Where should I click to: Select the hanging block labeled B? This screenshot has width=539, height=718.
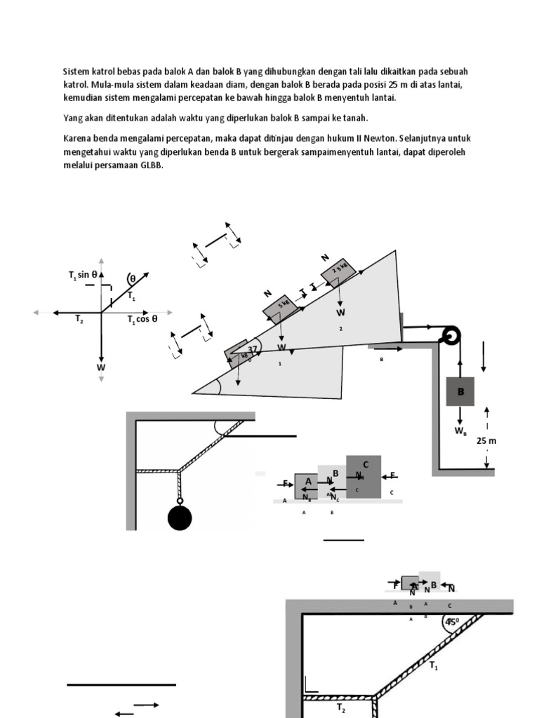click(460, 392)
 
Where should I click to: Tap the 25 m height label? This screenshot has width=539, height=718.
click(486, 440)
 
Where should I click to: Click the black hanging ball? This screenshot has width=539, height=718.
click(180, 518)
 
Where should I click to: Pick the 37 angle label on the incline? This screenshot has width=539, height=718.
click(253, 349)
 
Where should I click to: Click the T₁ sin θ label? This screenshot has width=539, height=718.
click(83, 275)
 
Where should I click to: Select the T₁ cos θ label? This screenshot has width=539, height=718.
click(142, 319)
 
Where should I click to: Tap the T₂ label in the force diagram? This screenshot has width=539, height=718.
click(80, 319)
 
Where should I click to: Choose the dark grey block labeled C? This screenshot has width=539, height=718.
click(364, 476)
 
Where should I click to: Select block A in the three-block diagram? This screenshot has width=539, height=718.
click(307, 485)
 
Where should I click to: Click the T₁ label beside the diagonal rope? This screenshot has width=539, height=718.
click(434, 666)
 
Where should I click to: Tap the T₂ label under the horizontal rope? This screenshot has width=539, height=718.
click(341, 709)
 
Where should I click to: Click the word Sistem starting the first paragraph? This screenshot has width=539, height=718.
click(76, 72)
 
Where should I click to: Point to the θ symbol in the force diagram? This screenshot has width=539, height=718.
click(132, 278)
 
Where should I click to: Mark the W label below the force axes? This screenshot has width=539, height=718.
click(101, 367)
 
